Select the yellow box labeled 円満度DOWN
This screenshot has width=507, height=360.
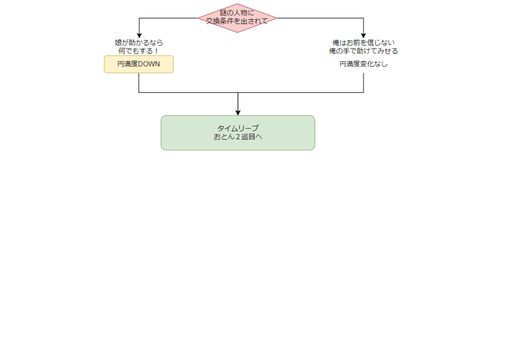point(139,64)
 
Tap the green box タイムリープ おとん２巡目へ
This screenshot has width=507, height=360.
point(238,132)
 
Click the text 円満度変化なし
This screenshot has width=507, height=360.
point(363,64)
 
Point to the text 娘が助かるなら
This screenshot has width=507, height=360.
point(139,43)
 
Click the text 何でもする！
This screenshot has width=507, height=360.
point(139,51)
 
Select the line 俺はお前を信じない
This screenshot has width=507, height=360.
point(363,43)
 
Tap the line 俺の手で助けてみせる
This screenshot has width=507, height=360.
point(363,51)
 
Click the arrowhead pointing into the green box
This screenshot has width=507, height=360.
point(238,112)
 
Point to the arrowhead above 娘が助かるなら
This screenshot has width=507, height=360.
point(139,35)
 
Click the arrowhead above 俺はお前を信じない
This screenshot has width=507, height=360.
point(363,35)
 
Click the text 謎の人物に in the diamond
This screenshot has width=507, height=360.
point(237,12)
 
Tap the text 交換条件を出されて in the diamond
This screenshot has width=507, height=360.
point(237,21)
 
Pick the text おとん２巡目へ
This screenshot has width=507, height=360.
point(238,137)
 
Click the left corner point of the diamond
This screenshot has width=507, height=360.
point(199,18)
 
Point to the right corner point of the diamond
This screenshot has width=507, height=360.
point(277,18)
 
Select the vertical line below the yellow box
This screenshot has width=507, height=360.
point(139,82)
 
